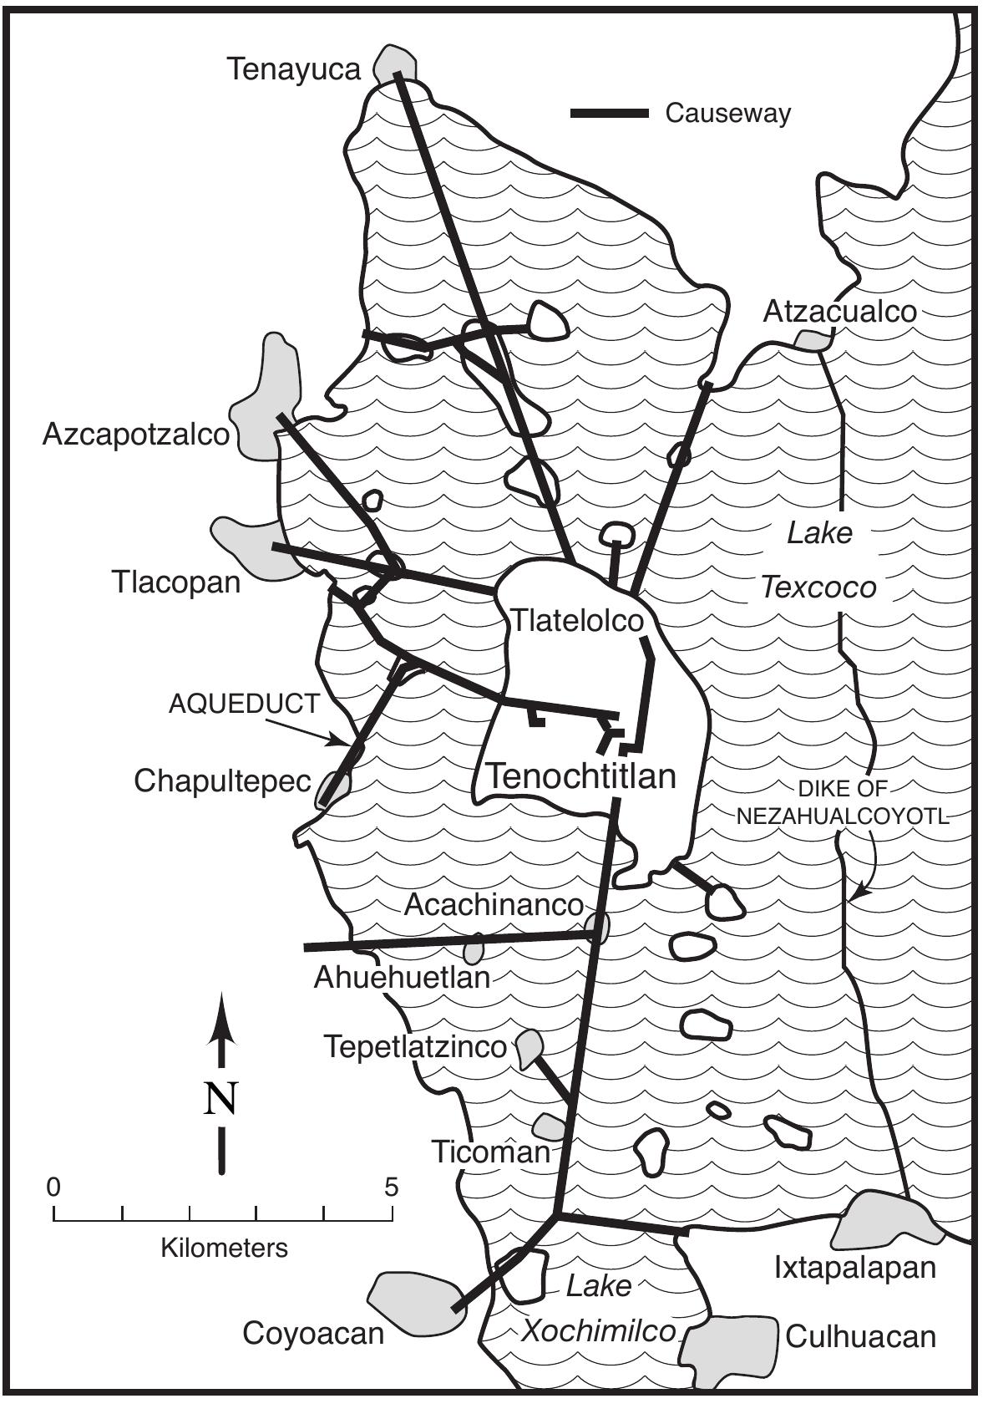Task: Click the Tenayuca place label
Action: pos(294,69)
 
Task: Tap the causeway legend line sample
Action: pos(610,113)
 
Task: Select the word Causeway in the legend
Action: pos(727,113)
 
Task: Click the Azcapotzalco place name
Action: pos(136,435)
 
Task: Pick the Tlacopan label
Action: pos(175,582)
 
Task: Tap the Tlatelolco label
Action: pos(577,621)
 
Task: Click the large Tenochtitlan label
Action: pos(580,776)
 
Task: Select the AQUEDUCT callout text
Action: pos(244,704)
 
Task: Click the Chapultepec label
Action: pos(222,782)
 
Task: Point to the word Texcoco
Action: pos(818,587)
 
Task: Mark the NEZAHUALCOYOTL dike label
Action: pos(844,816)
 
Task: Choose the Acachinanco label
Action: pos(493,905)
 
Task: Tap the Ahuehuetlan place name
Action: pos(402,977)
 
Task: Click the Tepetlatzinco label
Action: pos(415,1046)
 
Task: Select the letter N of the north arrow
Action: pos(221,1099)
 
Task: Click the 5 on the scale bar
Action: pos(392,1187)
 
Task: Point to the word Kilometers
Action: pos(224,1249)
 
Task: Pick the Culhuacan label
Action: pos(860,1337)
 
